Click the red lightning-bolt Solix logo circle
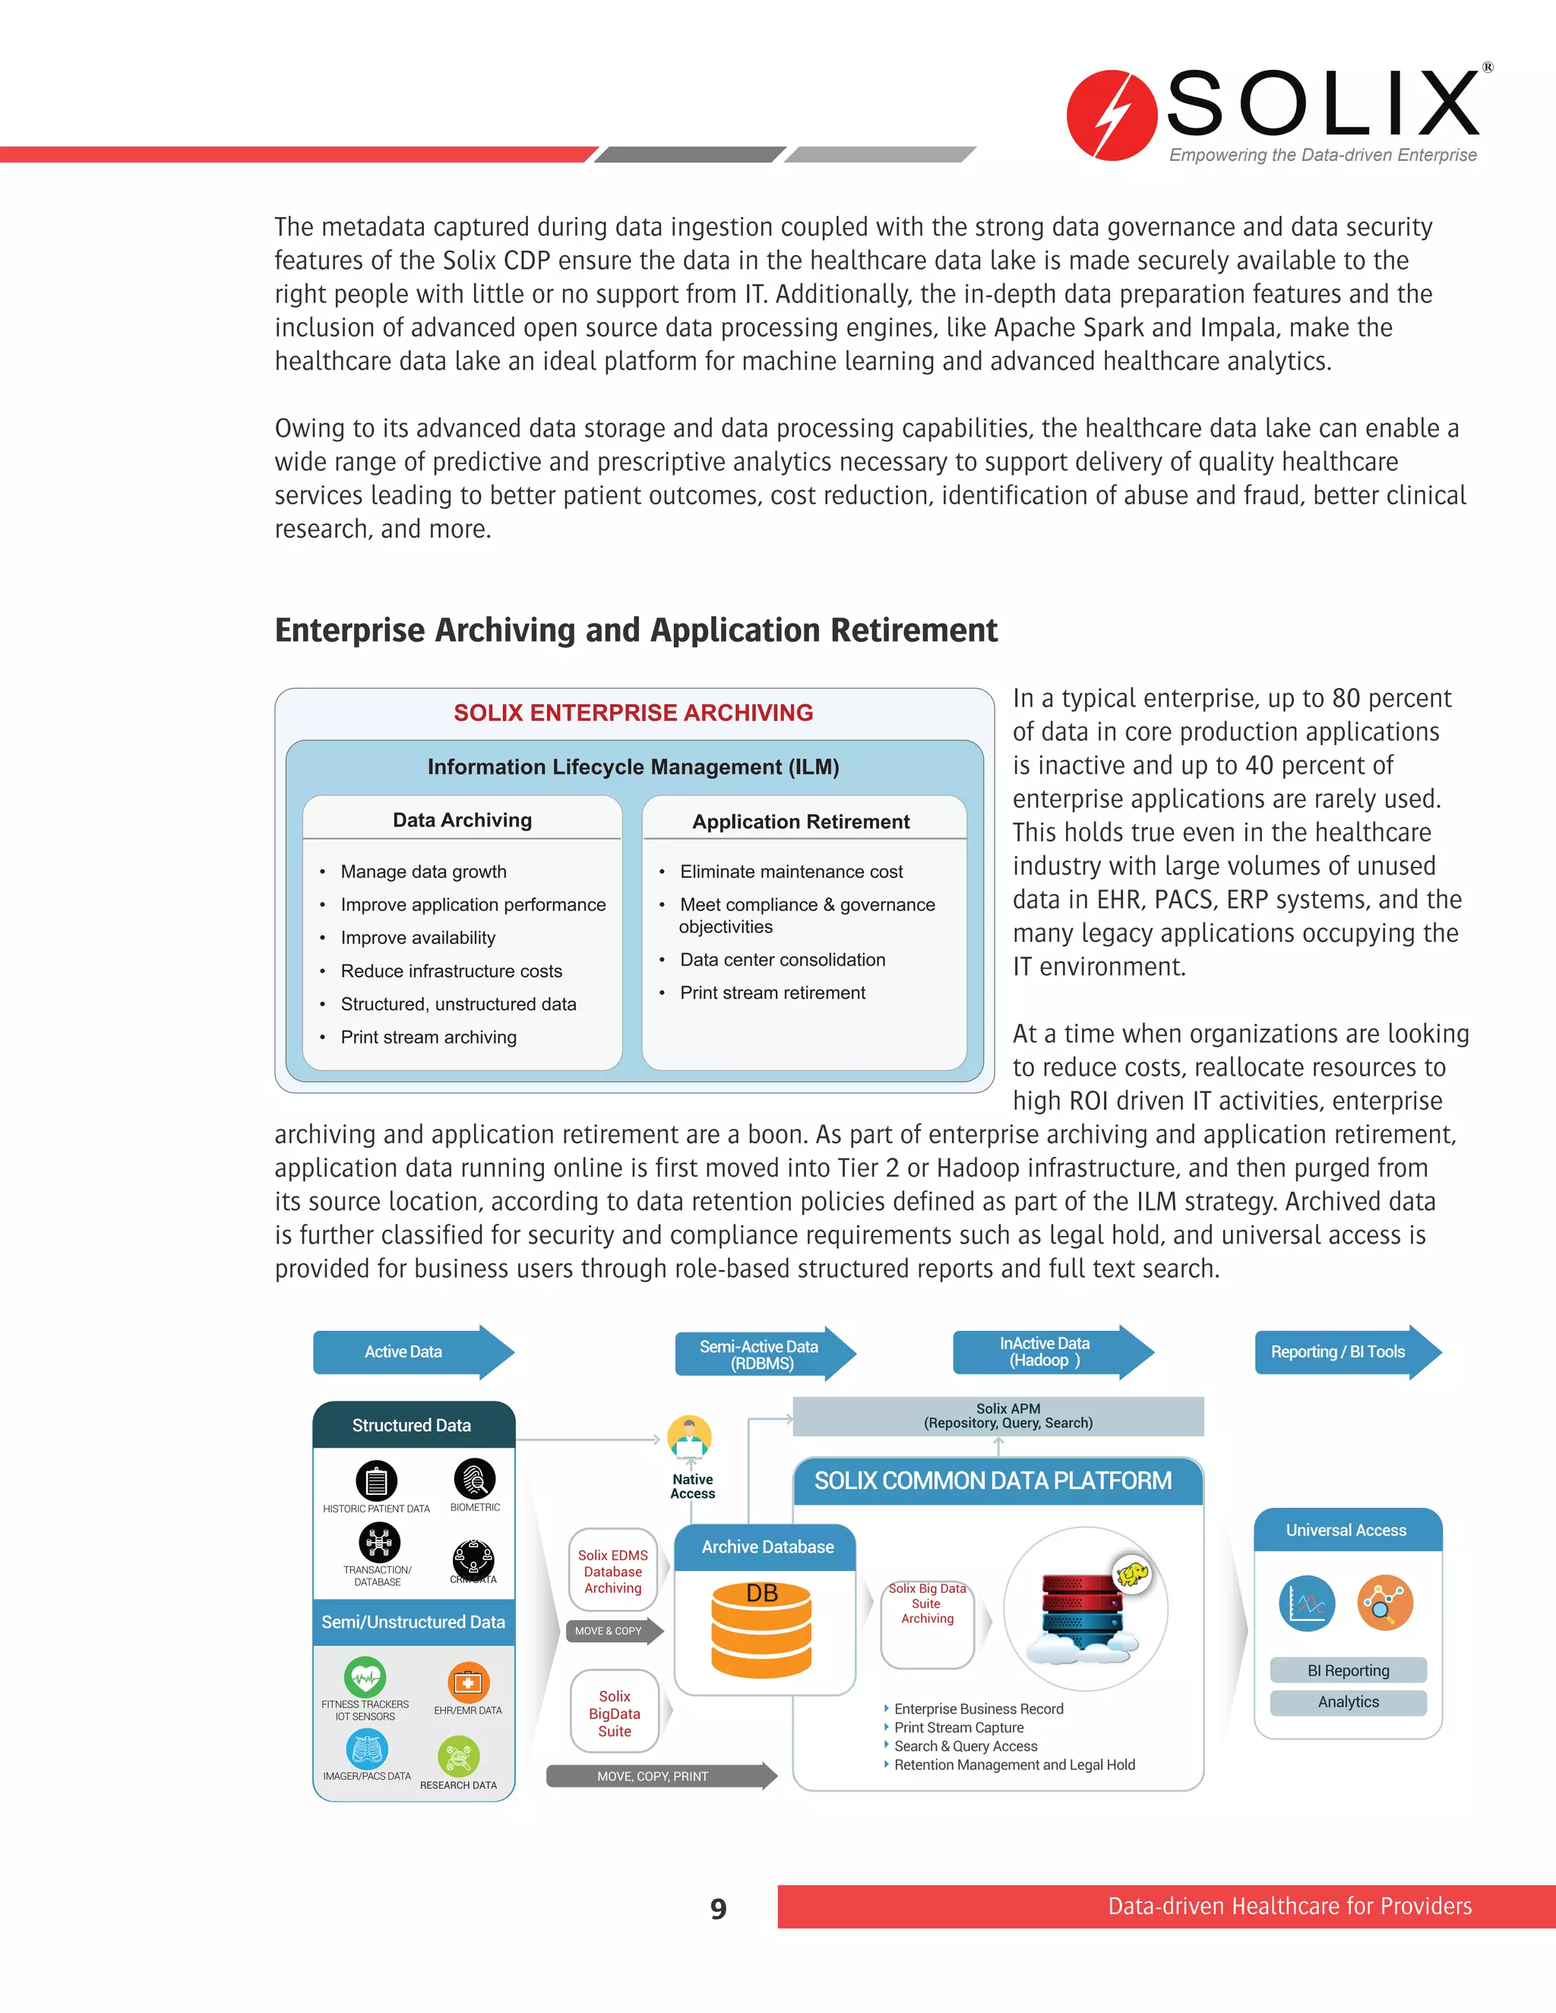1111,115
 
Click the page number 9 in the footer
718,1908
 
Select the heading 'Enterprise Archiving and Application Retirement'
636,630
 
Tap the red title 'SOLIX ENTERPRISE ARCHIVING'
634,713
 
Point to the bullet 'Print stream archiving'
428,1037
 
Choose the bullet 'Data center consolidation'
782,959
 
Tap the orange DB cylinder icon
761,1629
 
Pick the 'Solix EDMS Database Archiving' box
613,1572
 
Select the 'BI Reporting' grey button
1348,1670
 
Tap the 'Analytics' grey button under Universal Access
1348,1702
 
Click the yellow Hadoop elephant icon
1132,1573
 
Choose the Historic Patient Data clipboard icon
376,1481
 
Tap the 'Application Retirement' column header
801,821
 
